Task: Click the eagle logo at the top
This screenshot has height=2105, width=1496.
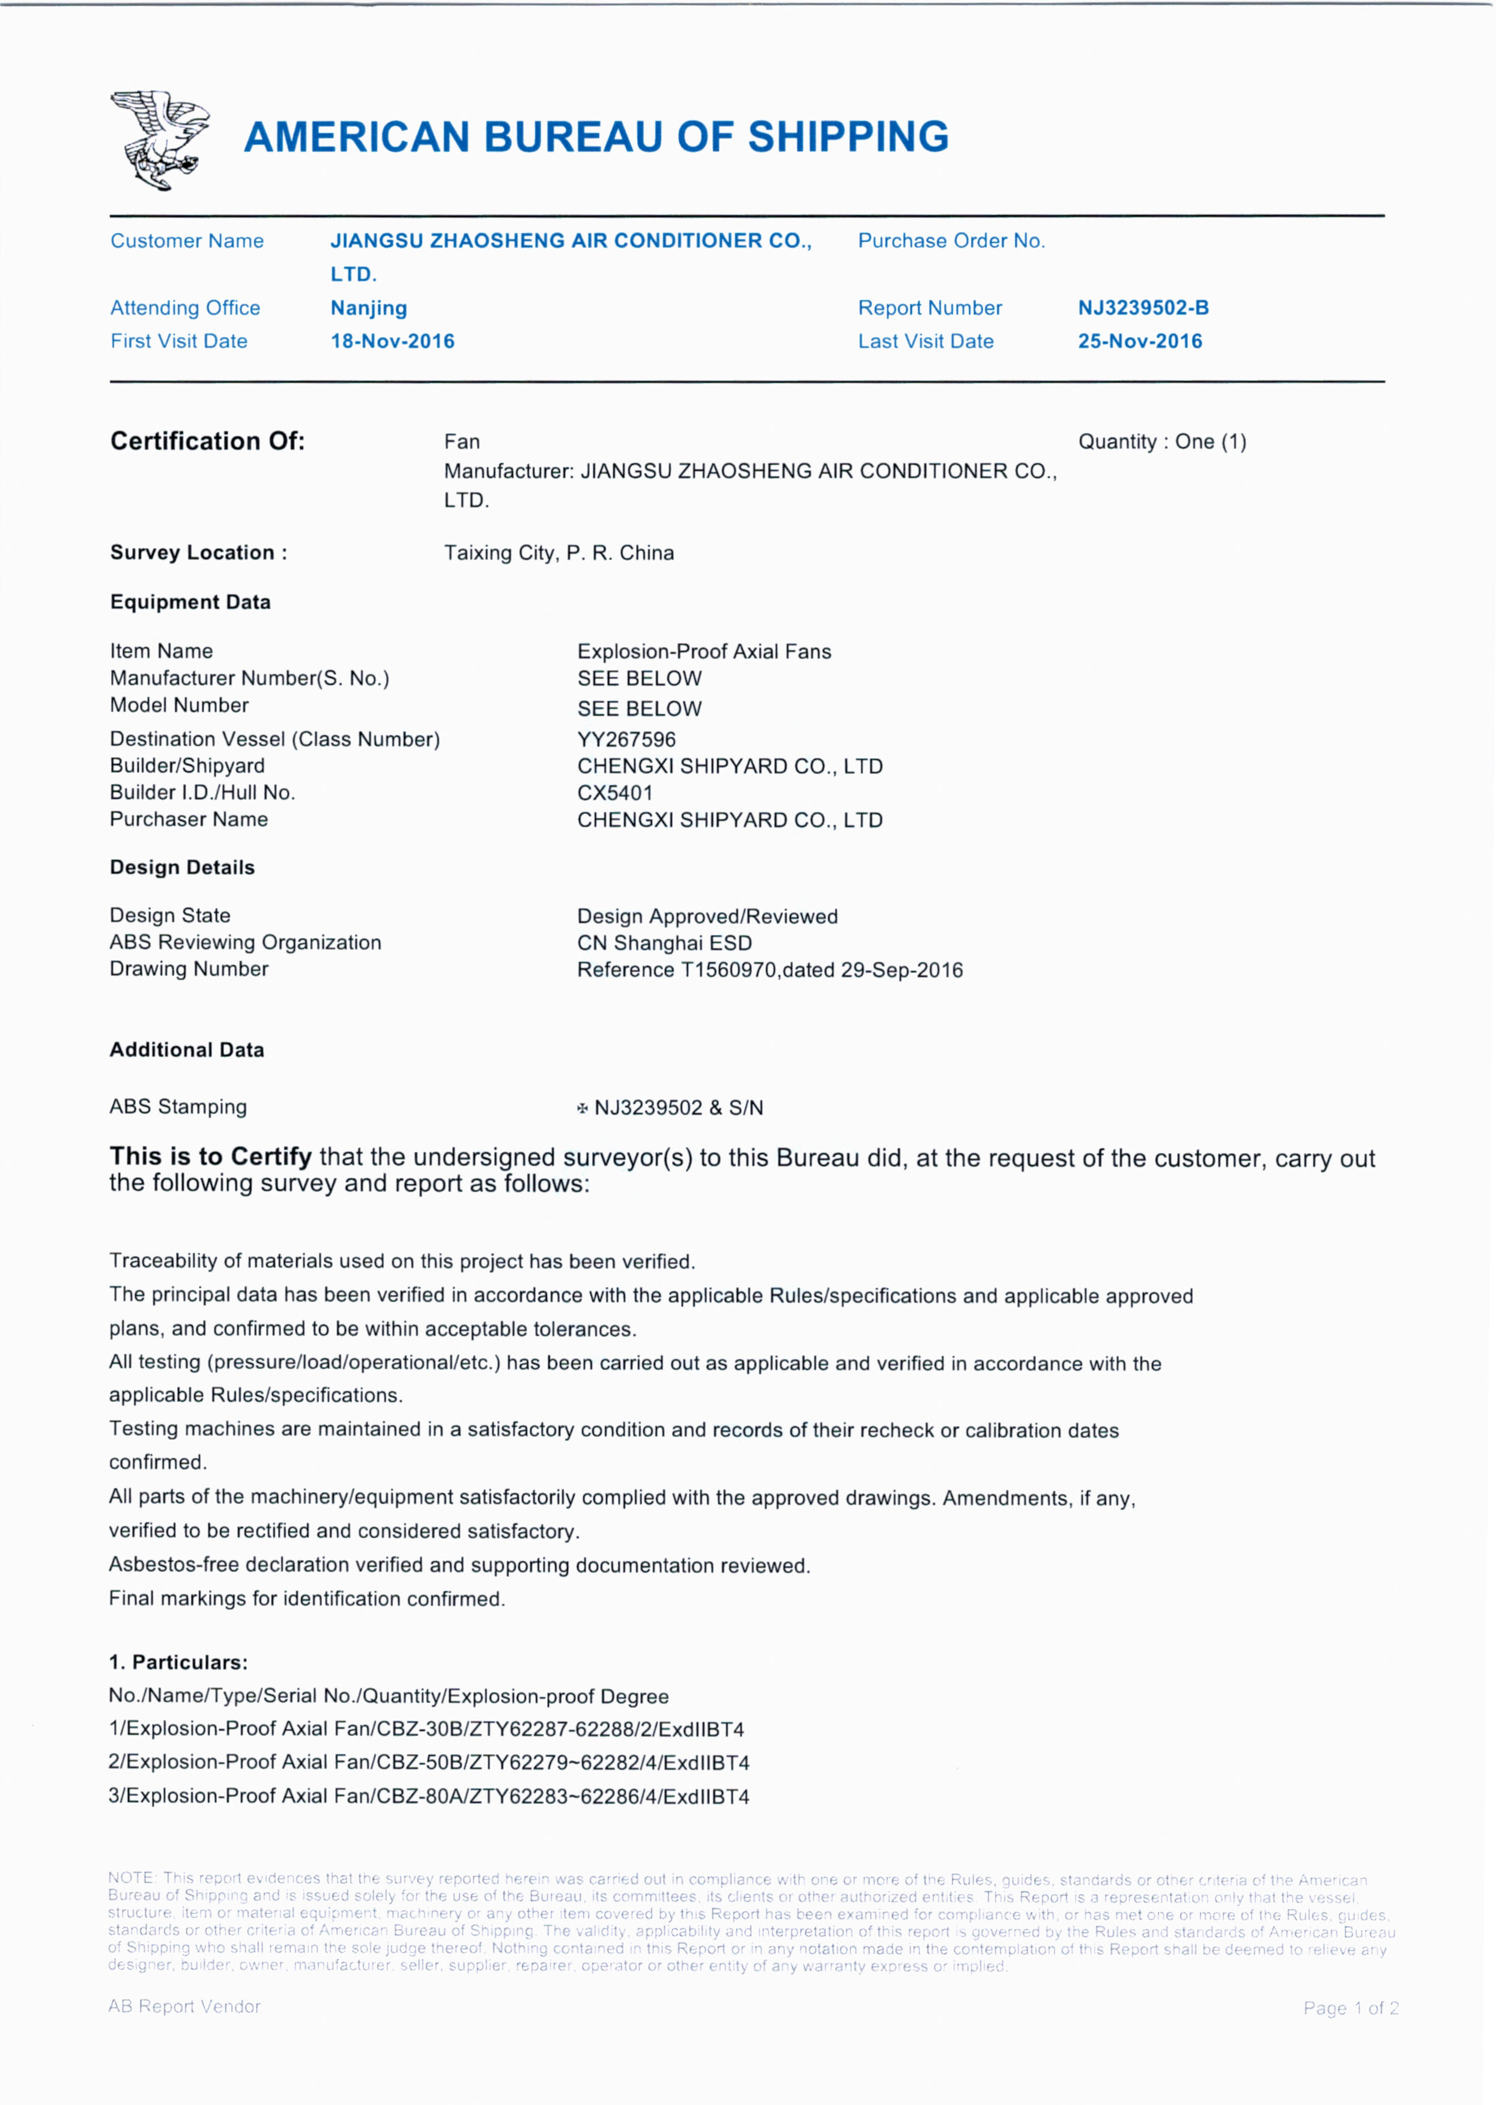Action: [x=159, y=139]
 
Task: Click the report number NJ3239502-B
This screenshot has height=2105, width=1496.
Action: [x=1143, y=308]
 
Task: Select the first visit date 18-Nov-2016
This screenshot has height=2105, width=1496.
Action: [x=392, y=341]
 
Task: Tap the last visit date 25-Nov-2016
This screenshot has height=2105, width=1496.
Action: [x=1139, y=341]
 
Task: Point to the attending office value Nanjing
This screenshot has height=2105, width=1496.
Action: [x=369, y=308]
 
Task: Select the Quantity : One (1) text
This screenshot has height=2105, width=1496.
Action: [x=1161, y=442]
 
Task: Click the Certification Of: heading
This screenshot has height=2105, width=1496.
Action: [x=207, y=442]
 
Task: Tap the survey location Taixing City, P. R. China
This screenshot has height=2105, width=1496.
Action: [x=559, y=553]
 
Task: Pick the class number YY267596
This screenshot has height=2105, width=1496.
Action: [x=626, y=739]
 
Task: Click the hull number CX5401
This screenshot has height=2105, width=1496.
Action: [x=614, y=793]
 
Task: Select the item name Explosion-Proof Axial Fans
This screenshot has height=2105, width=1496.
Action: [x=704, y=651]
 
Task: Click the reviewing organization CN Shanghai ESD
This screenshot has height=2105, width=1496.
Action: [x=664, y=943]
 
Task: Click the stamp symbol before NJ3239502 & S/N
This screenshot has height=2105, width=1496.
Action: [x=582, y=1108]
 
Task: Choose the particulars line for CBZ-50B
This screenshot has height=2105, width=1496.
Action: [x=428, y=1762]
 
